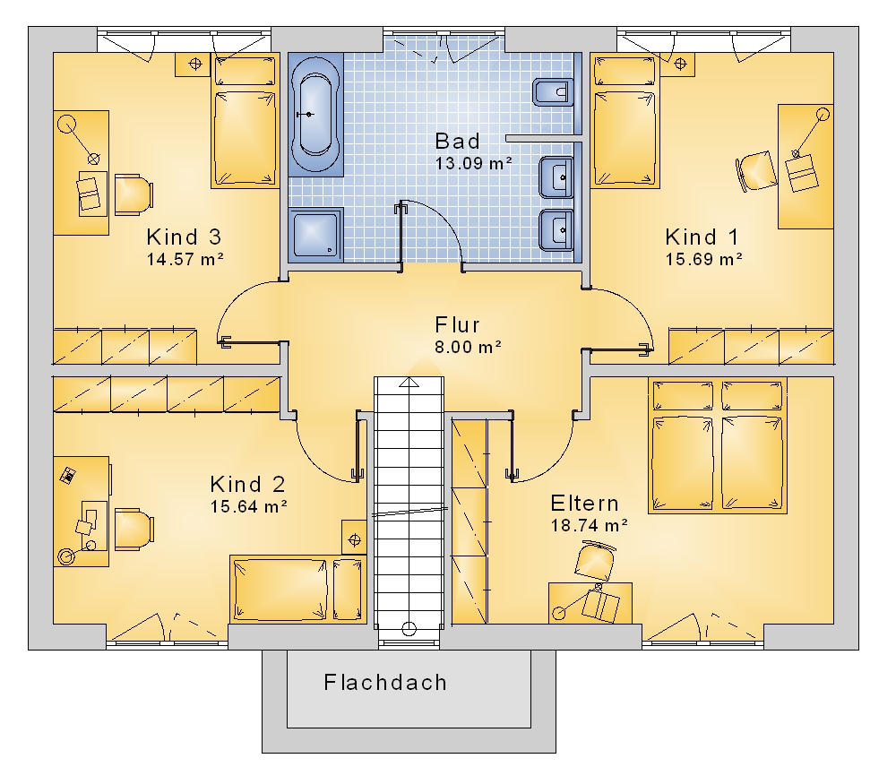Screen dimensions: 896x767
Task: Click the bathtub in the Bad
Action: point(316,115)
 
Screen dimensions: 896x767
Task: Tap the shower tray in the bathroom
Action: point(316,234)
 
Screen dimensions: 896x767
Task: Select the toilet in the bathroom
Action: point(553,92)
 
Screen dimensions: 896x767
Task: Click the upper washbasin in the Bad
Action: point(556,177)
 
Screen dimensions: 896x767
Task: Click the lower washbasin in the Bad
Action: point(556,230)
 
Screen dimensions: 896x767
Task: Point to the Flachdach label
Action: point(385,683)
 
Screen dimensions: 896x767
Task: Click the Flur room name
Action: point(457,324)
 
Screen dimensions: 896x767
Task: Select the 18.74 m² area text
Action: point(590,525)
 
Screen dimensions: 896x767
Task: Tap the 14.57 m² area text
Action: point(185,259)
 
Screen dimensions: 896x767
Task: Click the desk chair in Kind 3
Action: point(134,195)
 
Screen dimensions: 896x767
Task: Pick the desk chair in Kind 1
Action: point(755,170)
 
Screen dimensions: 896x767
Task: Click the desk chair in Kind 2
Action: point(134,530)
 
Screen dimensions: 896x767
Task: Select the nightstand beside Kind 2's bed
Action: point(354,538)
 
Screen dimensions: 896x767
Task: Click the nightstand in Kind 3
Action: point(194,64)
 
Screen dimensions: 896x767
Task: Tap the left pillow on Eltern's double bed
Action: point(684,396)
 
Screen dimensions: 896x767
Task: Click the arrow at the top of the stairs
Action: point(409,383)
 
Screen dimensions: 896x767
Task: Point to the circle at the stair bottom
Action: point(409,629)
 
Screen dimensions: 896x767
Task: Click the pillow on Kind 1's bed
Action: point(625,72)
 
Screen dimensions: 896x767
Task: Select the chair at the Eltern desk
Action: point(596,560)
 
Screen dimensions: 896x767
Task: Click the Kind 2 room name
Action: point(247,484)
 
